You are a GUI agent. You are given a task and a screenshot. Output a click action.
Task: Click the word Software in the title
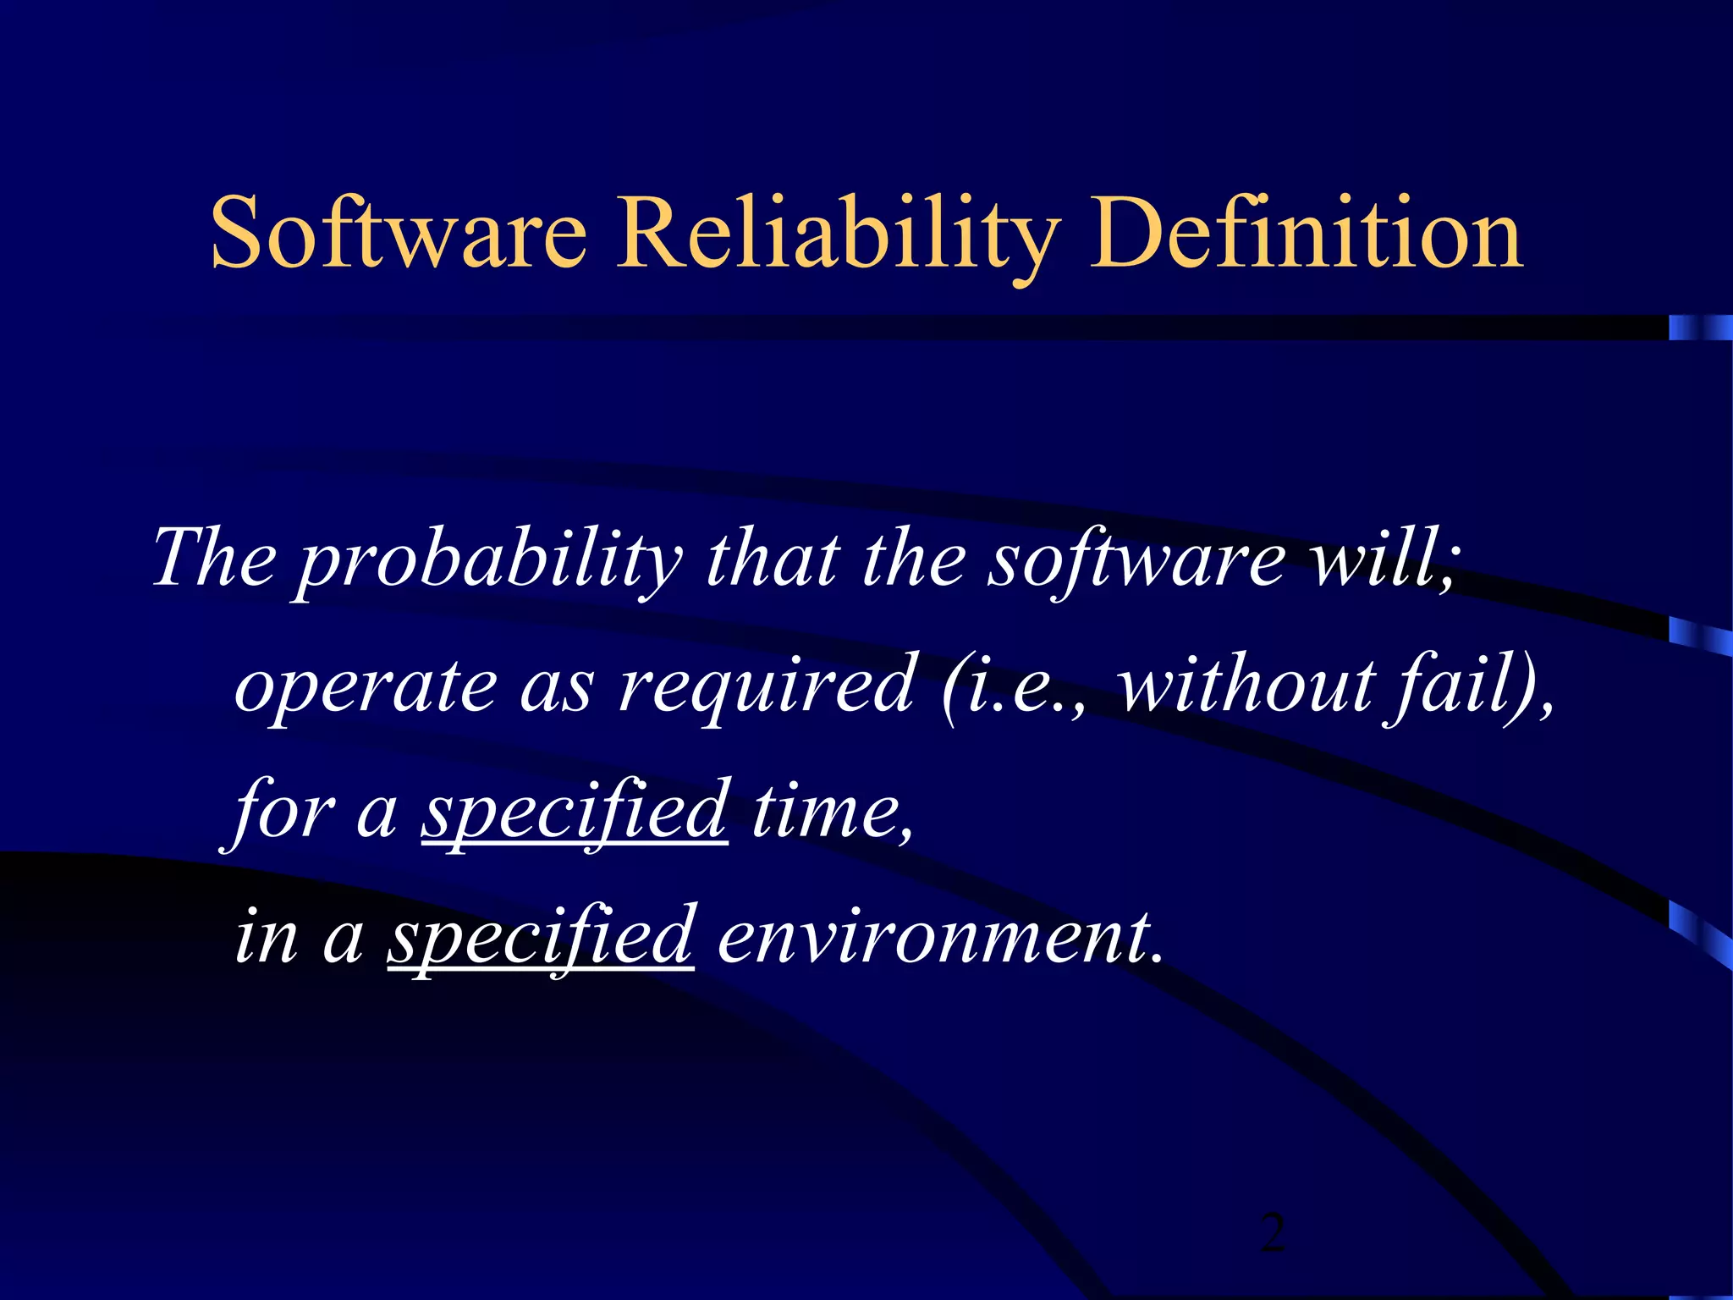point(398,232)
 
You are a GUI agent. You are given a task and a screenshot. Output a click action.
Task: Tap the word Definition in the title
point(1307,232)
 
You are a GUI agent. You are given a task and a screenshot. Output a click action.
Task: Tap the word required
point(767,686)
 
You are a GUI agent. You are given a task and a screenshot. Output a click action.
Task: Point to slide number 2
point(1272,1232)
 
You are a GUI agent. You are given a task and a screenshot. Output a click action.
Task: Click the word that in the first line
point(773,559)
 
